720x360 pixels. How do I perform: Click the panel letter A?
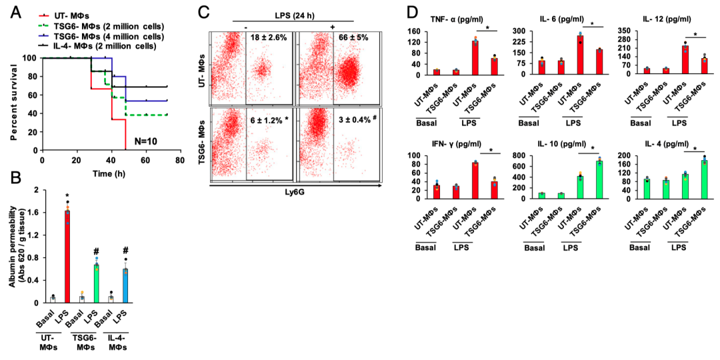pyautogui.click(x=14, y=11)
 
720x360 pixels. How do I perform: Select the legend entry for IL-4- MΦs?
pyautogui.click(x=116, y=46)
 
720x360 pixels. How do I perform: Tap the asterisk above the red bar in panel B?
pyautogui.click(x=67, y=197)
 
